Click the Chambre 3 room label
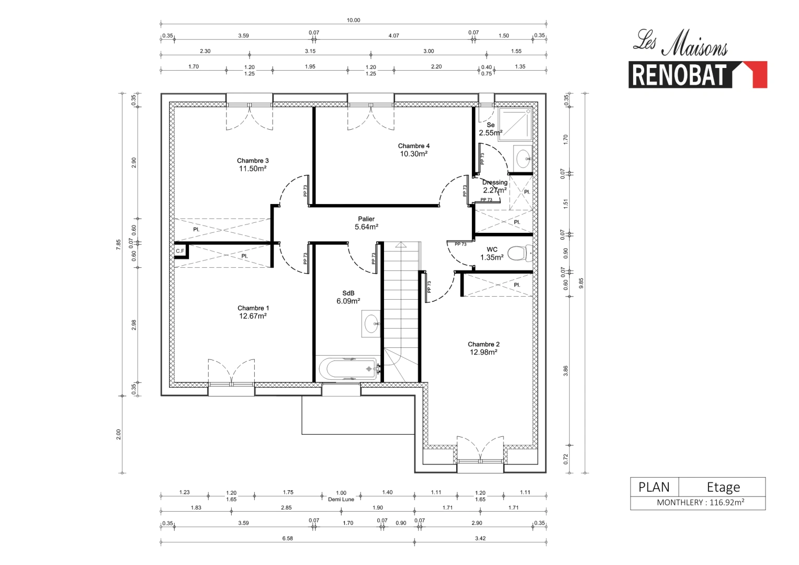coord(253,161)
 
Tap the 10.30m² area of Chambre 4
coord(413,154)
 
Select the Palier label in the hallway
coord(366,219)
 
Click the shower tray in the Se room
coord(515,125)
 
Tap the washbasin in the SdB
coord(372,323)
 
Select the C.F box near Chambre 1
coord(180,251)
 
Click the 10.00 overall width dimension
coord(353,20)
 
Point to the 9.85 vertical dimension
coord(581,283)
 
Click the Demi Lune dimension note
coord(341,500)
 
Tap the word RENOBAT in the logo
coord(679,75)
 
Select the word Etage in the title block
coord(723,487)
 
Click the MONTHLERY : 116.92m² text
coord(700,503)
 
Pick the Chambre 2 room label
coord(483,344)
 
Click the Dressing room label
coord(494,183)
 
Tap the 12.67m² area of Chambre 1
coord(253,316)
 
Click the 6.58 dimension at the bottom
coord(287,538)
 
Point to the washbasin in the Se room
coord(523,157)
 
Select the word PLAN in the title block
coord(654,487)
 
